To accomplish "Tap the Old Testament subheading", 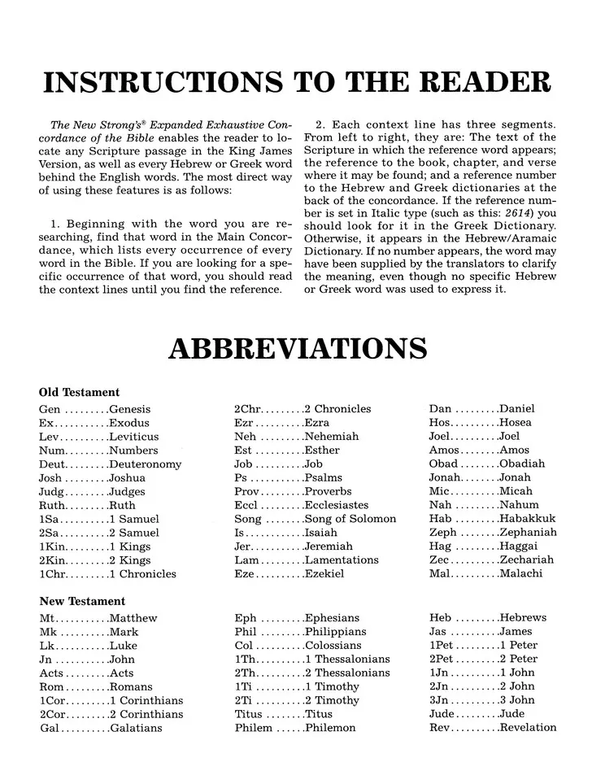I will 79,392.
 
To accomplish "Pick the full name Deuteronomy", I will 146,464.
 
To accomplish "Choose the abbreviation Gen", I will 50,409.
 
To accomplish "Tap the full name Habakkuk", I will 528,519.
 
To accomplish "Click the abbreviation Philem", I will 253,728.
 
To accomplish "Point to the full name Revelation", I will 528,728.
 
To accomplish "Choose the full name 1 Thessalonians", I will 347,659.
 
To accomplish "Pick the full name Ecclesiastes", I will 336,505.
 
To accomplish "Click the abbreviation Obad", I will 444,464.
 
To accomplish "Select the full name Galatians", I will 136,728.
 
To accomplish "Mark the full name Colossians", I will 333,645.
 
